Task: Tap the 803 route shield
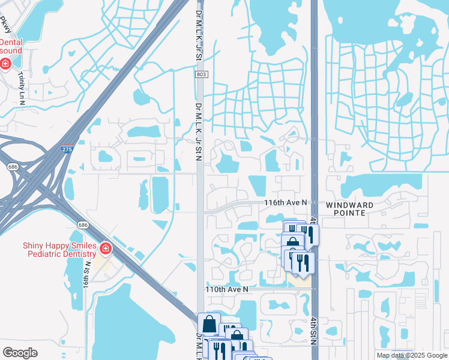(200, 74)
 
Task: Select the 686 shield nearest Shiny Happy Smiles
(83, 224)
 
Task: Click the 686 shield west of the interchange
(11, 167)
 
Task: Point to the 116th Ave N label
(286, 203)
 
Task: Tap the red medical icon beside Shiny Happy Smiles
(106, 248)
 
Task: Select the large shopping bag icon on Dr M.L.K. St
(209, 324)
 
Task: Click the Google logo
(20, 353)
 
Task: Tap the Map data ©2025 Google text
(412, 355)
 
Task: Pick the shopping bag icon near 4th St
(292, 244)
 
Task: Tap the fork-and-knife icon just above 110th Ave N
(303, 263)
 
